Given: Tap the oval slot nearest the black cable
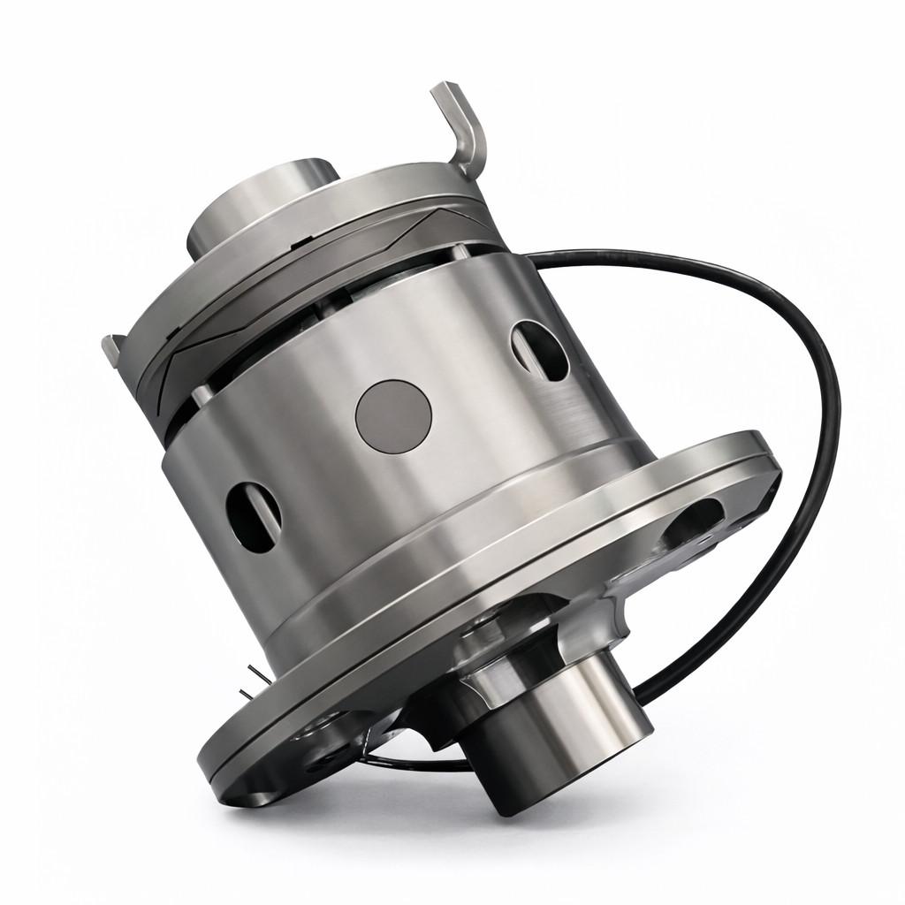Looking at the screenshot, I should tap(540, 350).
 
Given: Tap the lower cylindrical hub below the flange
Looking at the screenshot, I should tap(566, 734).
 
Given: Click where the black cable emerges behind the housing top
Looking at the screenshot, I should tap(539, 257).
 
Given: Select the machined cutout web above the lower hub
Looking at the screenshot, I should tap(521, 632).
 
